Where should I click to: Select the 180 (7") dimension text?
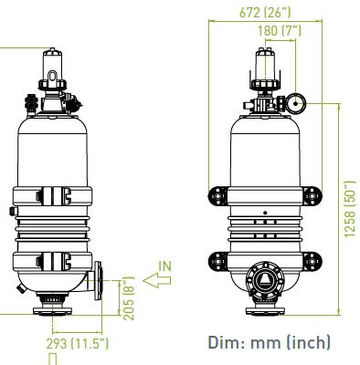tap(279, 31)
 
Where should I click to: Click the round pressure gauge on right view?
tap(300, 101)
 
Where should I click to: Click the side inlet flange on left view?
tap(100, 283)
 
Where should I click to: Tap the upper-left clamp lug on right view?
tap(218, 196)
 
